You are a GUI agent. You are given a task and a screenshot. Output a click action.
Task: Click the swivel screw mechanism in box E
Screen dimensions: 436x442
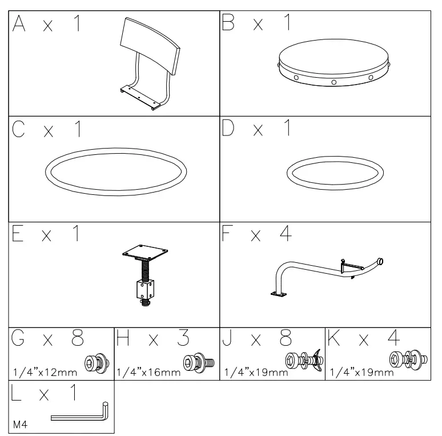[x=144, y=274]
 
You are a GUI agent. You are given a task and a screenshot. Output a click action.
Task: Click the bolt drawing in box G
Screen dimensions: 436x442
[x=94, y=363]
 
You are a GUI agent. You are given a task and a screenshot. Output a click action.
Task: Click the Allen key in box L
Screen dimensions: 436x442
[x=80, y=413]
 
